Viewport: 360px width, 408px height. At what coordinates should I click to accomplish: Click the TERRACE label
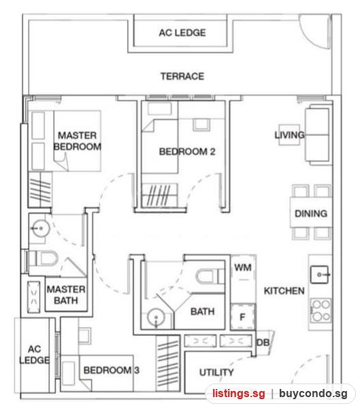(182, 76)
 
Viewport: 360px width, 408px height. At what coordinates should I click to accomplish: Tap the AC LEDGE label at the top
(182, 33)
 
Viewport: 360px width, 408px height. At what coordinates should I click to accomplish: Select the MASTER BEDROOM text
(78, 141)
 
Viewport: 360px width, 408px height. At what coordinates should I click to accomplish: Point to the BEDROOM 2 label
(187, 152)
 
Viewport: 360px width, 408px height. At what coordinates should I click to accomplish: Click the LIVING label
(289, 135)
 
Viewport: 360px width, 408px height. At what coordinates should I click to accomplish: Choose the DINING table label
(311, 214)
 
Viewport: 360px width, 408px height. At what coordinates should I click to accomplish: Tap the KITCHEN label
(284, 290)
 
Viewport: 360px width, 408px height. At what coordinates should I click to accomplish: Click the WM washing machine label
(243, 267)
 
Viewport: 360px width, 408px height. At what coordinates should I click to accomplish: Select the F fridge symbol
(242, 317)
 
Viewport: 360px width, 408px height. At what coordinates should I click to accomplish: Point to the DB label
(263, 343)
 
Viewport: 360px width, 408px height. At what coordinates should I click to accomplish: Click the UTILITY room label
(216, 373)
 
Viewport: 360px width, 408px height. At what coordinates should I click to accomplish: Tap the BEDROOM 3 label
(111, 370)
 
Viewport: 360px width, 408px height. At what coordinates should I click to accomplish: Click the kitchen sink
(320, 274)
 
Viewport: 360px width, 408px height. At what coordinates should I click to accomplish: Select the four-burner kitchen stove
(321, 311)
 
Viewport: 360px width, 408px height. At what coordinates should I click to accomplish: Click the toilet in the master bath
(44, 258)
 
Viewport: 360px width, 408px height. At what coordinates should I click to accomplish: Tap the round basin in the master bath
(40, 228)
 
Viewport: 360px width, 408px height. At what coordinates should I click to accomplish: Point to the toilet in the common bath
(210, 276)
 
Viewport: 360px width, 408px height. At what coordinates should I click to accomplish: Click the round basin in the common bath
(156, 318)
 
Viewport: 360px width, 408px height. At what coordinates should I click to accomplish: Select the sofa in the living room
(318, 135)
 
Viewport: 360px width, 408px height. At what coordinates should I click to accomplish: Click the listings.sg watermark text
(239, 393)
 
